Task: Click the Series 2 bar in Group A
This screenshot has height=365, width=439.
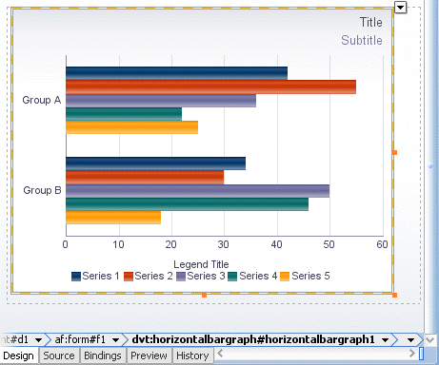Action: tap(210, 86)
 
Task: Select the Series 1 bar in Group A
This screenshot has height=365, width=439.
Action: tap(176, 73)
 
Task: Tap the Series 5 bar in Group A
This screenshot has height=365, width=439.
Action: tap(131, 126)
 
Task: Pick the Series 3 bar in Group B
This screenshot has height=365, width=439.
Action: tap(197, 190)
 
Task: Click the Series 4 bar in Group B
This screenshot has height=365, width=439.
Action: tap(187, 203)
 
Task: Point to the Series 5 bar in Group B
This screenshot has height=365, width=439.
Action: tap(113, 217)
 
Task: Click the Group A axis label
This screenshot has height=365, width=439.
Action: tap(42, 100)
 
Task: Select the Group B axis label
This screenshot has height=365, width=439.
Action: tap(42, 190)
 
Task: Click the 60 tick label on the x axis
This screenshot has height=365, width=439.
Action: tap(382, 244)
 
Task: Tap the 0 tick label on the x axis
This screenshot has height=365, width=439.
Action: tap(66, 244)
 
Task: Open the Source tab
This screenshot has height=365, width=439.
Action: tap(59, 356)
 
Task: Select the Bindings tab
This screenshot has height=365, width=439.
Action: tap(102, 356)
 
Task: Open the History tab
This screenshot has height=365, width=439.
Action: tap(192, 356)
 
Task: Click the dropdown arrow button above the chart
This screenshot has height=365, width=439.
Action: tap(400, 8)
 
